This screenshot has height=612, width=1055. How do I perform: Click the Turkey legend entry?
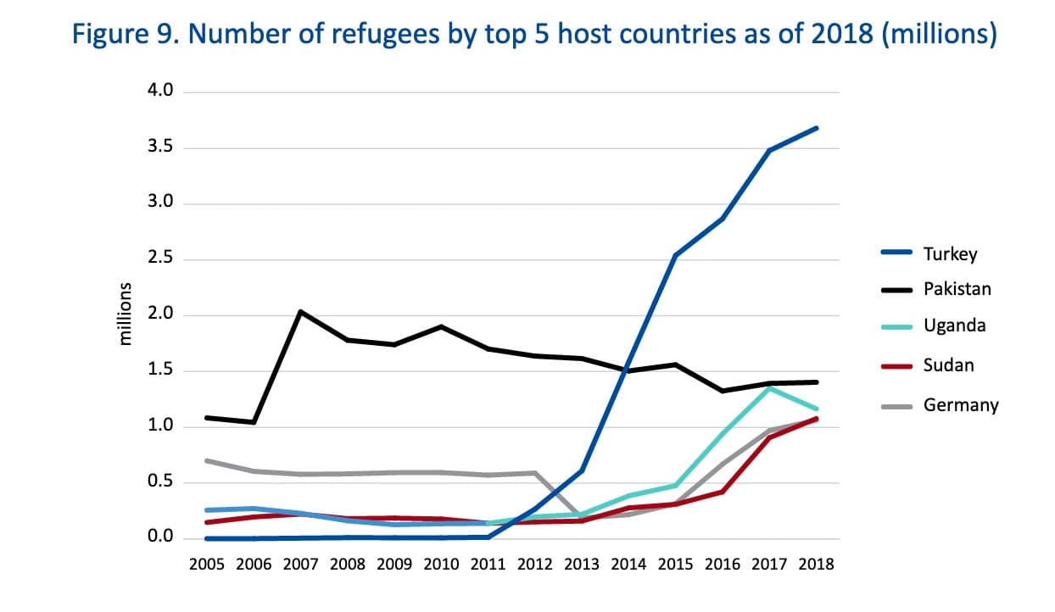click(x=950, y=253)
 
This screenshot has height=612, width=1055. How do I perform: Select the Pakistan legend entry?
click(x=957, y=289)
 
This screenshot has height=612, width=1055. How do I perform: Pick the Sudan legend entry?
click(x=948, y=365)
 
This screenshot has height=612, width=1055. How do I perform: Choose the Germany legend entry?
click(x=961, y=405)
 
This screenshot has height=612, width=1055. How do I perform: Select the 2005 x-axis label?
click(x=207, y=564)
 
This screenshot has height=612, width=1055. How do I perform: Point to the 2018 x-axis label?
click(x=816, y=564)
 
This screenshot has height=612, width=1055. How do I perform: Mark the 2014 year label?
click(x=628, y=564)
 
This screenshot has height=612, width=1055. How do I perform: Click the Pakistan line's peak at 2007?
click(x=301, y=312)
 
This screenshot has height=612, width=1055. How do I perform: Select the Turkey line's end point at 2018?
click(x=816, y=128)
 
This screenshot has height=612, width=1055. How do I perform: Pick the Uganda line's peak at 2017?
click(x=769, y=388)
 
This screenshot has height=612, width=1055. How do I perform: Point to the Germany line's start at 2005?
click(x=207, y=460)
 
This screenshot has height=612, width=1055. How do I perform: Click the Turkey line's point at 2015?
click(x=675, y=255)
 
